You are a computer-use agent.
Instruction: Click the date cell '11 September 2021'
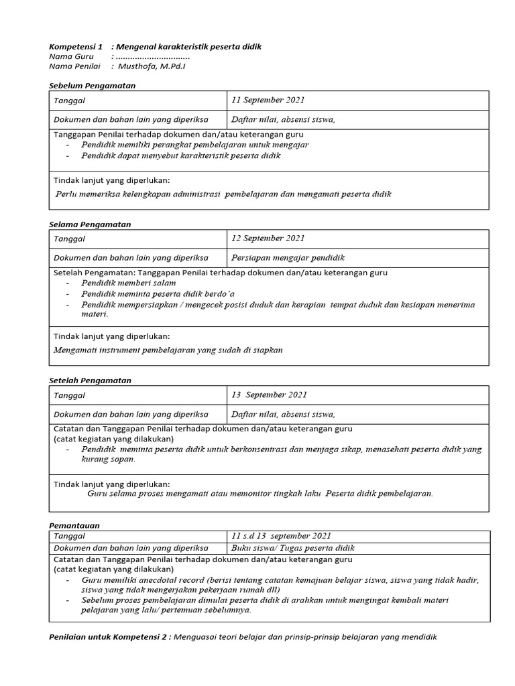(268, 100)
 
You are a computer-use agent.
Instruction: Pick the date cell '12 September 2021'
(268, 238)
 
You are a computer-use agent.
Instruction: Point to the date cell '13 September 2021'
(269, 395)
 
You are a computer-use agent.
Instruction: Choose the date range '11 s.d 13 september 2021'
(281, 536)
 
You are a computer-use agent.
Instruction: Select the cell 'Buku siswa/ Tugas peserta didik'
(292, 548)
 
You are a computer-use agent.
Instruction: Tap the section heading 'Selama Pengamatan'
(90, 224)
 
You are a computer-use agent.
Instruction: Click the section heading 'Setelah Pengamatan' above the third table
(91, 381)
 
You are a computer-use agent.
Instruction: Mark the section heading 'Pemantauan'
(74, 526)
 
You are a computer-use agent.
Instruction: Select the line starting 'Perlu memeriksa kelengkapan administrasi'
(223, 194)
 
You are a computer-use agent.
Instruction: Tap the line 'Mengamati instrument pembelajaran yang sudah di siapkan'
(168, 350)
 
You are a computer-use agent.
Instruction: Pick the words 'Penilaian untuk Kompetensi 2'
(111, 637)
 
